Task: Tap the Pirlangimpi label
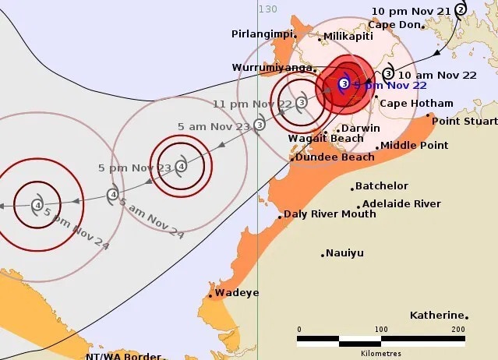[263, 34]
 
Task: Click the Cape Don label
[394, 24]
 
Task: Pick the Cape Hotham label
[416, 103]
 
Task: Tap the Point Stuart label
[464, 121]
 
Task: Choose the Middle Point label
[415, 145]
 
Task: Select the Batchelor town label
[381, 186]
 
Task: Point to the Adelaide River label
[402, 204]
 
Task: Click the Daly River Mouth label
[330, 214]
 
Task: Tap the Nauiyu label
[345, 253]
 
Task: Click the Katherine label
[437, 316]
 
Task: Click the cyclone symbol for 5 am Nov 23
[260, 124]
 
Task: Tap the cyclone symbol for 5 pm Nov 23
[181, 166]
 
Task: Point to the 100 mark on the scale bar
[381, 329]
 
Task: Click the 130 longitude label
[268, 9]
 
